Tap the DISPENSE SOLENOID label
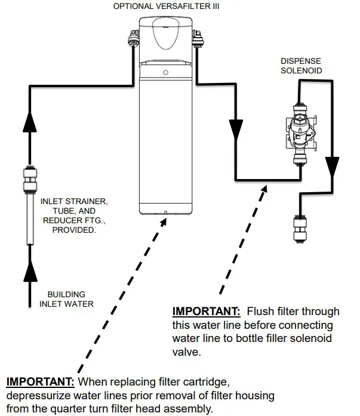click(301, 65)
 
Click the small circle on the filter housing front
click(165, 72)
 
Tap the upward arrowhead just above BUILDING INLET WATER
click(29, 273)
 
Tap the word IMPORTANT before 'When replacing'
click(40, 382)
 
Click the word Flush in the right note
click(260, 312)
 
